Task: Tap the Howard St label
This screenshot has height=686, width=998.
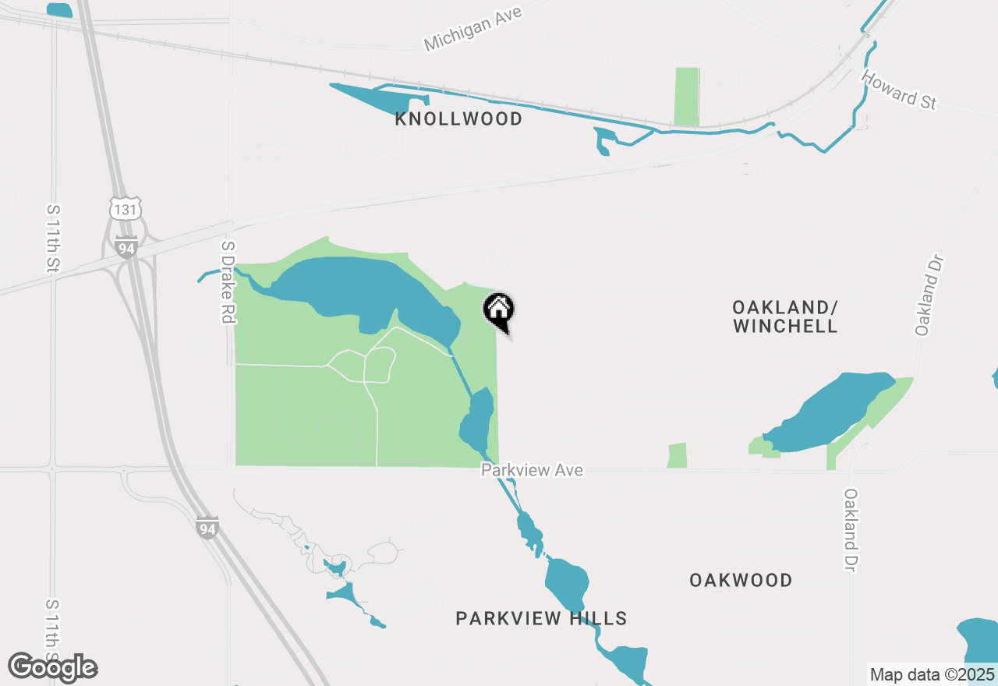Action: pos(898,90)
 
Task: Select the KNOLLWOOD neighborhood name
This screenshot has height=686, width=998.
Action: pos(458,119)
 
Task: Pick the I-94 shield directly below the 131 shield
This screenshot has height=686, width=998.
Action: pos(126,248)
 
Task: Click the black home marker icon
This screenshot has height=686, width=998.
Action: pos(498,310)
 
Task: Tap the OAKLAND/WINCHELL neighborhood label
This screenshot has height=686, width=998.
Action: pos(785,316)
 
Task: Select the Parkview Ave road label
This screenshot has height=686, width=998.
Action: pos(532,470)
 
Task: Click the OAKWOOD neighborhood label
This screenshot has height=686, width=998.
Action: pos(741,580)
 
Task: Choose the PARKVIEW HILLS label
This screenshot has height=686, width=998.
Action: pos(541,618)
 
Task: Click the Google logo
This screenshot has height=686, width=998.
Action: pos(52,667)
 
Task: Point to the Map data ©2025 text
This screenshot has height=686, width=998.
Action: pos(932,674)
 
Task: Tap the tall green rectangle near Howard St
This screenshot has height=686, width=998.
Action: pos(686,97)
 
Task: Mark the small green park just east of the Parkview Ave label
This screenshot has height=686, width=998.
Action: pos(678,455)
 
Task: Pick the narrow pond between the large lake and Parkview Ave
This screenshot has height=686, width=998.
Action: pos(477,421)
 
